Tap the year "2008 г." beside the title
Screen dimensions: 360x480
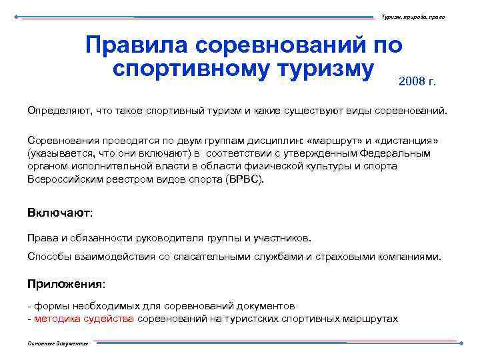click(x=417, y=82)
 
